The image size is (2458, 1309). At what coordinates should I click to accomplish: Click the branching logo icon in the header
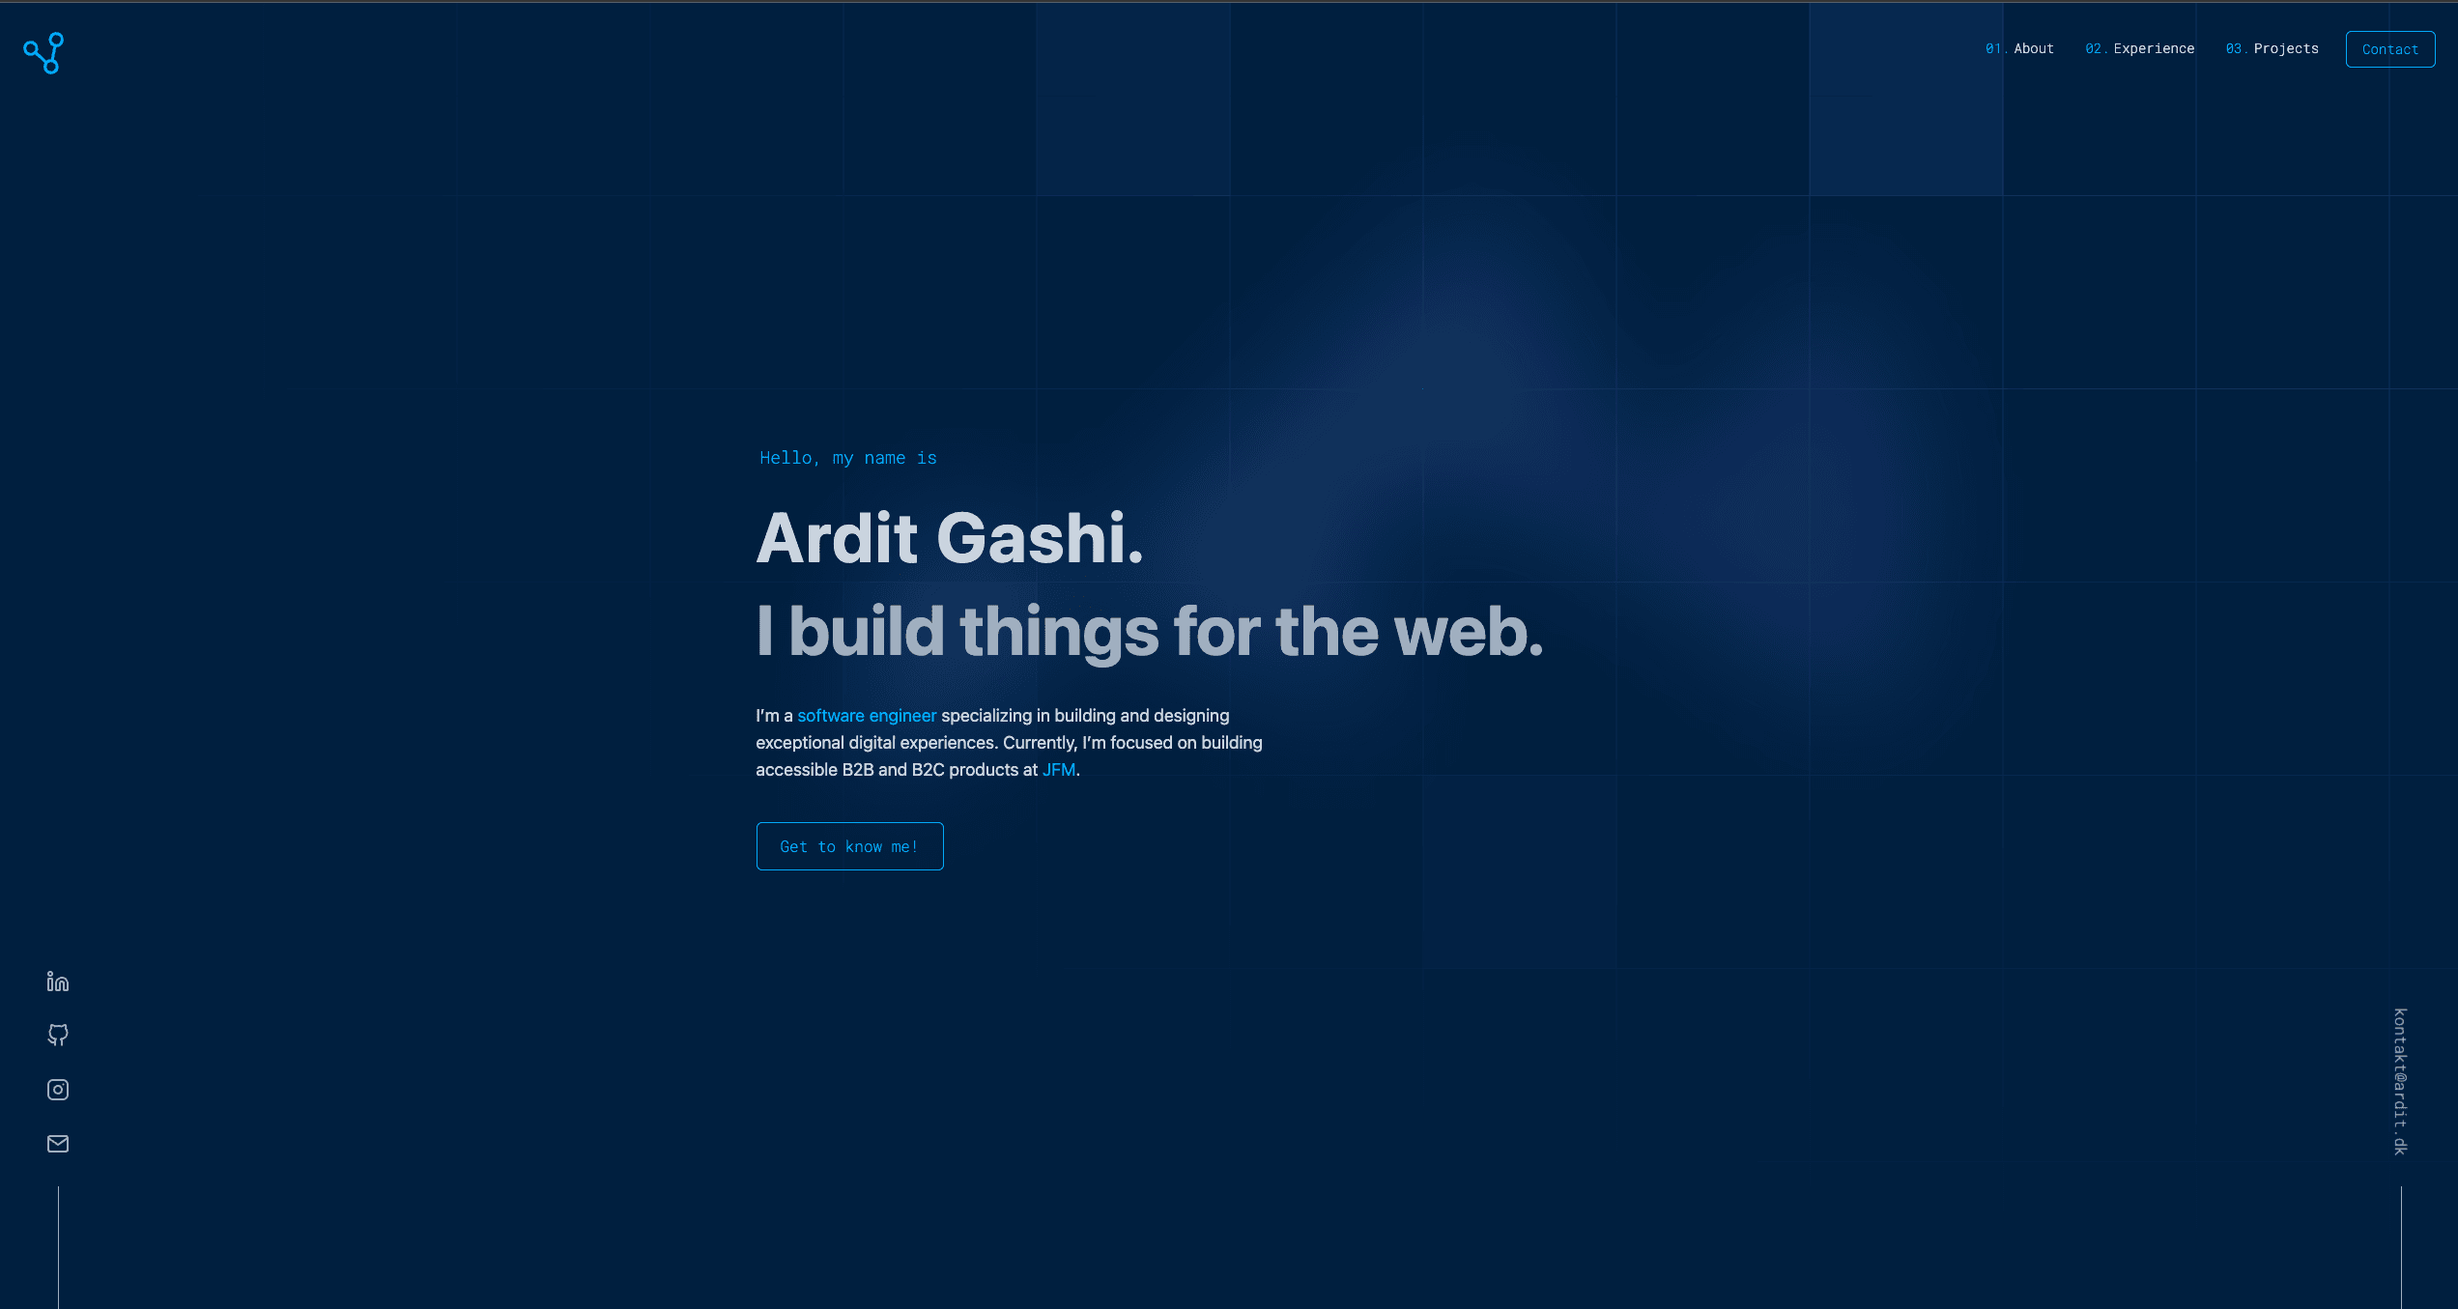tap(43, 53)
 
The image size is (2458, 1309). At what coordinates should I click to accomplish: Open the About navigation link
tap(2033, 48)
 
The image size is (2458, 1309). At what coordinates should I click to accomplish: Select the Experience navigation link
tap(2153, 48)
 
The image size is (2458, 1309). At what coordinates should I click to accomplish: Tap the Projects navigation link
tap(2285, 48)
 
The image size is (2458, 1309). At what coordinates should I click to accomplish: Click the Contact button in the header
tap(2389, 49)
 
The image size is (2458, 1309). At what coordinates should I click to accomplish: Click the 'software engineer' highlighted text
tap(866, 716)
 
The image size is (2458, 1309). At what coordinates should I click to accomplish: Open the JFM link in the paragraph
tap(1058, 770)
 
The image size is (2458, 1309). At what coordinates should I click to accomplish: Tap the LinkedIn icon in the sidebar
tap(58, 982)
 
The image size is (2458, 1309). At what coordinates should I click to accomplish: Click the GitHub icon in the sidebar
tap(58, 1036)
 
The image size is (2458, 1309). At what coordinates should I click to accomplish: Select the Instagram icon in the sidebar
tap(58, 1090)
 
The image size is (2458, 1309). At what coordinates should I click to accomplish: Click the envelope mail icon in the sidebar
tap(58, 1144)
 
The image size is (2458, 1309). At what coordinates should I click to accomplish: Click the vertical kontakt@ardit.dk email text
tap(2400, 1081)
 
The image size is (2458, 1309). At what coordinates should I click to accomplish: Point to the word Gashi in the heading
tap(1039, 538)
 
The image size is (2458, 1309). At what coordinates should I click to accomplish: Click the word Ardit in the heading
tap(836, 538)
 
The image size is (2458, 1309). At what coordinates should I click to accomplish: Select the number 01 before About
tap(1993, 48)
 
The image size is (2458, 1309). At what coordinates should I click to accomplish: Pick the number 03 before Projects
tap(2234, 48)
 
